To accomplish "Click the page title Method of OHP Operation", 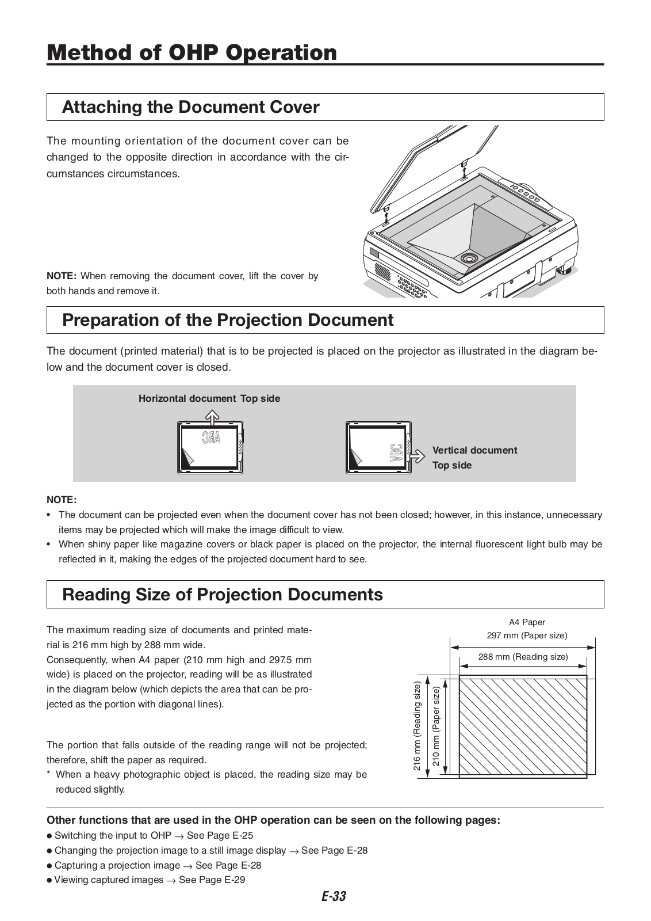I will (192, 52).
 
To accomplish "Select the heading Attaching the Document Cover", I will (190, 107).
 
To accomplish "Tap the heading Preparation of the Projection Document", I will (228, 320).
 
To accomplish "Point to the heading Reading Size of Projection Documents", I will (222, 594).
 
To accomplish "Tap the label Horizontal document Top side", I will (209, 398).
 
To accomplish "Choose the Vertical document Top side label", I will (474, 458).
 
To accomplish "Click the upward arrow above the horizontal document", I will (213, 416).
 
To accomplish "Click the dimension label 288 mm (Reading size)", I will (523, 657).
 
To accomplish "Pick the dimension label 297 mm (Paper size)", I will (527, 635).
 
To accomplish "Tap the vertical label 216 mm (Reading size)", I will (418, 726).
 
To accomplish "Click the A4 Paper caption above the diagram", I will (527, 622).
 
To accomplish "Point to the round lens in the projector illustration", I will (468, 257).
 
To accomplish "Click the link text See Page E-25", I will (220, 835).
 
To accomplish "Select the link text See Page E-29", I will (212, 880).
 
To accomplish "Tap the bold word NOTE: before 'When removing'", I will (62, 276).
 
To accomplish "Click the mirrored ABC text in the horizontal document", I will (211, 438).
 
